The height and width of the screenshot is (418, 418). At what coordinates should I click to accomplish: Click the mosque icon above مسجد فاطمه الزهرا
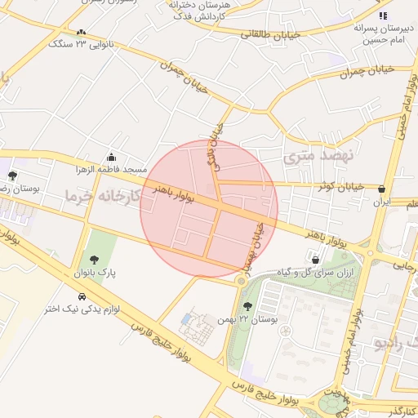point(111,158)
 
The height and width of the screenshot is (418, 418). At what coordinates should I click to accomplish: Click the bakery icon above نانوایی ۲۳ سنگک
point(80,33)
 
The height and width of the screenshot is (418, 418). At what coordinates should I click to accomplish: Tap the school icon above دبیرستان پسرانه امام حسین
point(381,16)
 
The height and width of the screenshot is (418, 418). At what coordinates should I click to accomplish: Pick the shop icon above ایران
point(381,188)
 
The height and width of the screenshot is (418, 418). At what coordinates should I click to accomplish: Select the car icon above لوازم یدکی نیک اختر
point(82,296)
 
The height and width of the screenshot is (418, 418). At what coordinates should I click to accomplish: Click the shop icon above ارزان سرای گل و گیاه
point(315,260)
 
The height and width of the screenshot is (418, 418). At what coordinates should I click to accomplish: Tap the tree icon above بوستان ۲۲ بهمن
point(247,306)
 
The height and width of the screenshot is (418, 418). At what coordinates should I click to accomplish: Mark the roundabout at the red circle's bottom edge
point(240,281)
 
